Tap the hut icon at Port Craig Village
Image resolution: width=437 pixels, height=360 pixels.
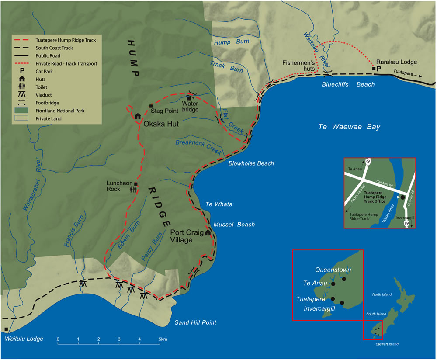(208, 232)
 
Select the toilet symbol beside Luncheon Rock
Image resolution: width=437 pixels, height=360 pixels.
(136, 190)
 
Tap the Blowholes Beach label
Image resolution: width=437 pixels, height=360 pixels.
(251, 163)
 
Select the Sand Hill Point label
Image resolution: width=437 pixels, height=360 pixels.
(195, 323)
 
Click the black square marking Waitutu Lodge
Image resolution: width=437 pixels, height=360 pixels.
(6, 329)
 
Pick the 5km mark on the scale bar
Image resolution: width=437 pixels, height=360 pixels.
(162, 339)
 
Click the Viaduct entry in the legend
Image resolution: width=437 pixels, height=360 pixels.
(38, 95)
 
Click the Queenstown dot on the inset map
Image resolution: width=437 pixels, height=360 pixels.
(344, 279)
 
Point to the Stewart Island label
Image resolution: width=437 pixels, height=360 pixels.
(387, 344)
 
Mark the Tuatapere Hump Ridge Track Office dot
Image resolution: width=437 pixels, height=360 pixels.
(402, 197)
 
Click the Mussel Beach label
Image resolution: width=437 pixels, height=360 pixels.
(234, 225)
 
